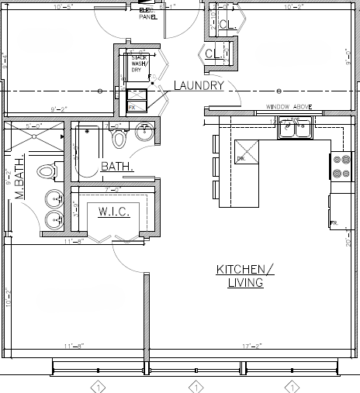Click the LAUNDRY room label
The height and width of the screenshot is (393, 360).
pos(199,85)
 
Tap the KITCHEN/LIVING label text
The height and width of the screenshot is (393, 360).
pos(245,276)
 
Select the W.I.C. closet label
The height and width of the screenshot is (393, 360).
pos(113,212)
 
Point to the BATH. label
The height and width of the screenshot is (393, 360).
pos(116,166)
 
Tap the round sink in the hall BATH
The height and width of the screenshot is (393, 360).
pos(144,133)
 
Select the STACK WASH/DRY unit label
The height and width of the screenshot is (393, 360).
pos(139,63)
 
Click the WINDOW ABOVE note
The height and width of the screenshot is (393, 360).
pos(288,107)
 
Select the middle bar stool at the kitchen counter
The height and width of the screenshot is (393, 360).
pos(214,167)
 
